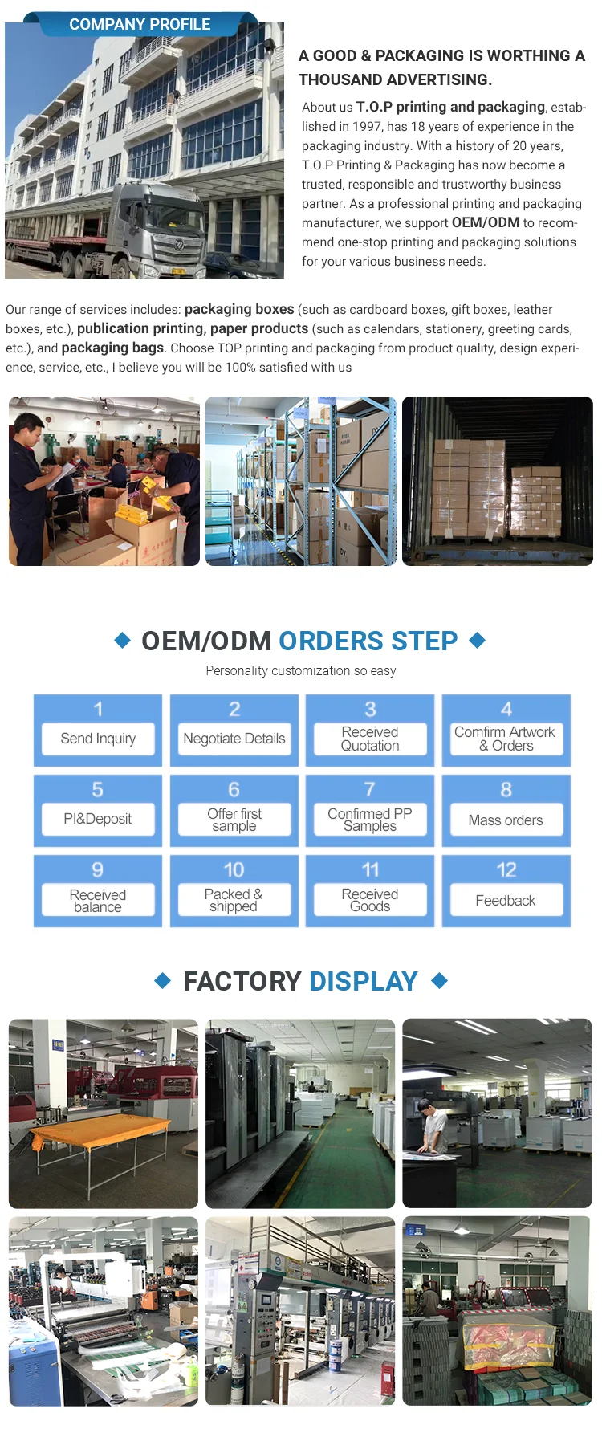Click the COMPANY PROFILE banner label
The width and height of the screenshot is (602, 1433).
(x=140, y=24)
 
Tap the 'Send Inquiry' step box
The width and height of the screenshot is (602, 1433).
(x=98, y=739)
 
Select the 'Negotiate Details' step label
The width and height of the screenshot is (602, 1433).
(x=234, y=739)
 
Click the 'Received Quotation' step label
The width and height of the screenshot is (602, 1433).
(x=370, y=739)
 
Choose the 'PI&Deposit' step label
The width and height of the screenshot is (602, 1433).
(x=98, y=819)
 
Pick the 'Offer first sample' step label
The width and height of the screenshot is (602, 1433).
(x=234, y=820)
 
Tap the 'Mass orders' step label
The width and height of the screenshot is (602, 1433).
(x=506, y=820)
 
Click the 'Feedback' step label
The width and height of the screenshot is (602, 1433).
(x=506, y=900)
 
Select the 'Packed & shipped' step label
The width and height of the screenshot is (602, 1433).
(x=234, y=900)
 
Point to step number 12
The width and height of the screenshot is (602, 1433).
(x=506, y=869)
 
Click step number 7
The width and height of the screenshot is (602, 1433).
(x=369, y=789)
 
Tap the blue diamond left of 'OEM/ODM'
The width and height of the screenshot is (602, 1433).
(x=123, y=640)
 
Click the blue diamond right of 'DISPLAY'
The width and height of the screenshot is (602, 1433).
(x=439, y=980)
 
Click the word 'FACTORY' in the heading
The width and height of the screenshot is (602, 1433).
(x=242, y=981)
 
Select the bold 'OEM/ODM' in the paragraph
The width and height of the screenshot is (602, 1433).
(x=486, y=222)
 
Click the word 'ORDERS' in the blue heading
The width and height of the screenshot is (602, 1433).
(x=332, y=641)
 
